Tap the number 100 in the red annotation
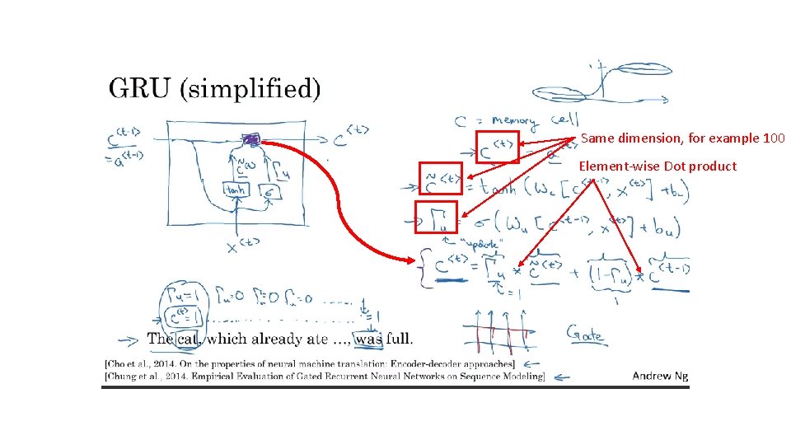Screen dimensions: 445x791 pos(775,138)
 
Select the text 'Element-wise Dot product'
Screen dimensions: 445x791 pos(658,166)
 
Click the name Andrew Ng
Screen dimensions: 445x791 pos(660,376)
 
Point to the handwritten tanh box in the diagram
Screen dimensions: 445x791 pos(236,190)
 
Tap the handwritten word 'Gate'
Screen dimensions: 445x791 pos(583,335)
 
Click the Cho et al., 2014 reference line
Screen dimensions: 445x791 pos(309,363)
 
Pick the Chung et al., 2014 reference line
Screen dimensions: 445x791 pos(324,377)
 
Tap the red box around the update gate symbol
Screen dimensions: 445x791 pos(436,218)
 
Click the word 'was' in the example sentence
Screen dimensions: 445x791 pos(368,338)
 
